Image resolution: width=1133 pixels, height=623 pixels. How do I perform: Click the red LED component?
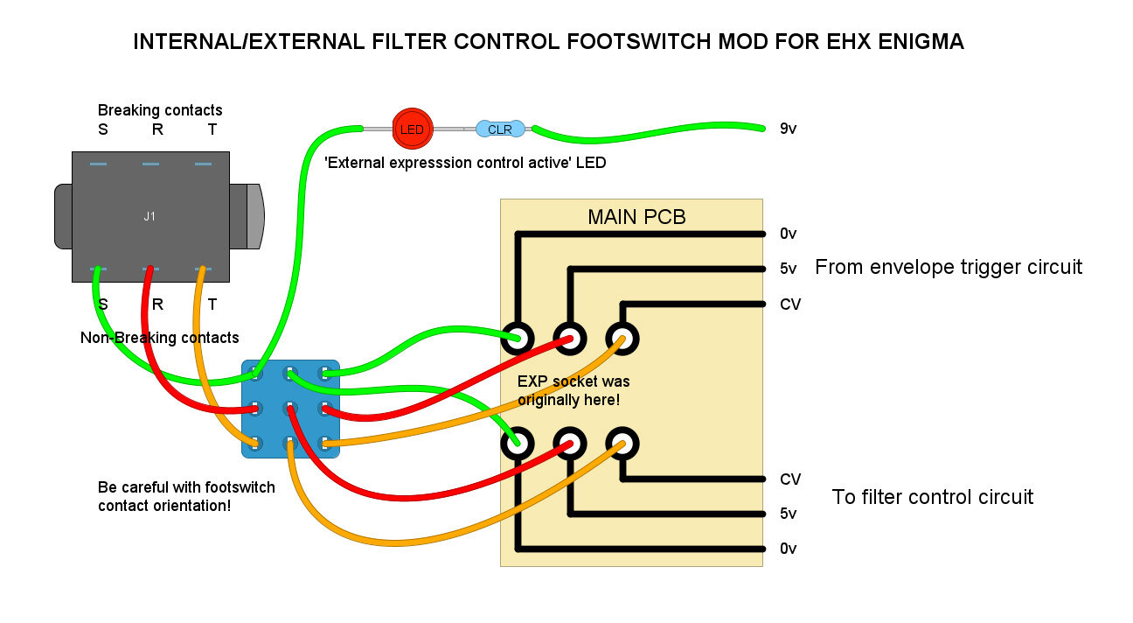411,129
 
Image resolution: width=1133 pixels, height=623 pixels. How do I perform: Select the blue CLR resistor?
500,129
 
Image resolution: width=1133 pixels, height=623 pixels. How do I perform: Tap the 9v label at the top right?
788,129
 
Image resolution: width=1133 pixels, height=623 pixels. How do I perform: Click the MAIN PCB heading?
636,216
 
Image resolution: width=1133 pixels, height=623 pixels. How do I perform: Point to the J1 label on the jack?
149,216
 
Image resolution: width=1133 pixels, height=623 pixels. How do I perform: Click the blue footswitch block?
290,409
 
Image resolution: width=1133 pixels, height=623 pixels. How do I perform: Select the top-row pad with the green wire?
518,338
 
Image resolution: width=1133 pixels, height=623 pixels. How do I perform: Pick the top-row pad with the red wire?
570,338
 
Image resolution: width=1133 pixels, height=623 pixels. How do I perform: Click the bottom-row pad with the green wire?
518,444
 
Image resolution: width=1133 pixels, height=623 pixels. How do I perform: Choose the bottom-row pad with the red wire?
570,444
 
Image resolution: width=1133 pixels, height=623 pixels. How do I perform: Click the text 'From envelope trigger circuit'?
949,267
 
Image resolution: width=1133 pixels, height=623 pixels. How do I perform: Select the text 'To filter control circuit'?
933,497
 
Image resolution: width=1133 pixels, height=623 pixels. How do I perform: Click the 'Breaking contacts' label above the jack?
160,110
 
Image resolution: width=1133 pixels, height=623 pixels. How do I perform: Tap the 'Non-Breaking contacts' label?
159,338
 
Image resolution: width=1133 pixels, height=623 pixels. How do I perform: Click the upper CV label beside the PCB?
789,304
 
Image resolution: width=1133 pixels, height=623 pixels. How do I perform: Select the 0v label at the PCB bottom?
788,549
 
